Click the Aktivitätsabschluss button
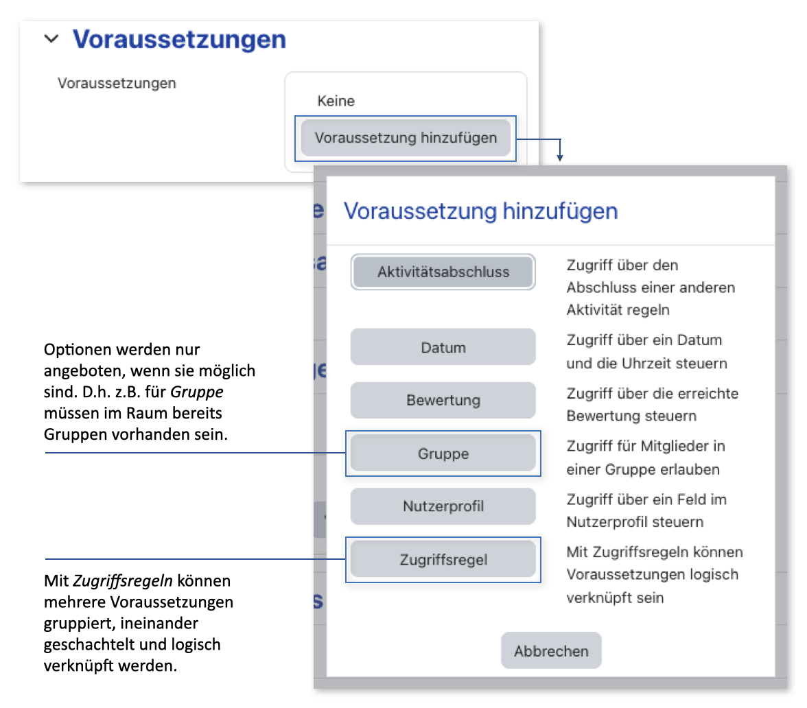point(443,272)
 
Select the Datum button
point(443,347)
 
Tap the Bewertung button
point(443,401)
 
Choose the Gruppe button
point(443,453)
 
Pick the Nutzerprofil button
point(443,507)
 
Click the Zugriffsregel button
point(443,560)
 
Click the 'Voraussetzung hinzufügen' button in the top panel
point(406,138)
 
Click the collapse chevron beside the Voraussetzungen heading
point(51,39)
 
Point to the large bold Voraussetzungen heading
point(179,39)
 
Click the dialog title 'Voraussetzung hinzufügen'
point(480,211)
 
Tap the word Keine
point(336,102)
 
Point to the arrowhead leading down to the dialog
point(560,158)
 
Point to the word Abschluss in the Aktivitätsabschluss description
point(598,287)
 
